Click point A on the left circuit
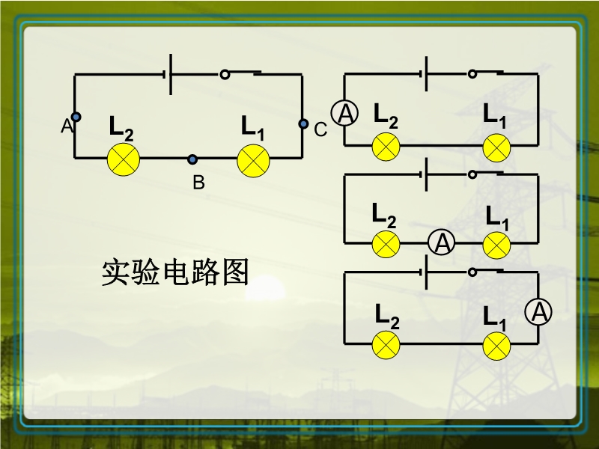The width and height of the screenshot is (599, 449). tap(76, 117)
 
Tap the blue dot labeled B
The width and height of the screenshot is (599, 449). tap(192, 159)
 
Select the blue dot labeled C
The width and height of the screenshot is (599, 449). tap(303, 123)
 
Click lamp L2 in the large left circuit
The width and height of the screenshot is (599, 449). tap(124, 160)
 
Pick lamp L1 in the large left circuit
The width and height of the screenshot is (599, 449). tap(253, 160)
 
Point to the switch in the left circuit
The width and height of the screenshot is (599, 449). tap(241, 74)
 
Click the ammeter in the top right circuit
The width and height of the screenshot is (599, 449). tap(345, 113)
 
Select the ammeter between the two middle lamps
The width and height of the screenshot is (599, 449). tap(442, 242)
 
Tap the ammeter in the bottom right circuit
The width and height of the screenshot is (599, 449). tap(538, 312)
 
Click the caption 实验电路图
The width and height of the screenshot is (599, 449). tap(174, 273)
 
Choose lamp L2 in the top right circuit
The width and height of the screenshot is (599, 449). tap(386, 147)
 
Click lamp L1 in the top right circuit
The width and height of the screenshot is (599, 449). tap(496, 147)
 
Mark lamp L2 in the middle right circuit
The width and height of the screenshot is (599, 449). tap(386, 244)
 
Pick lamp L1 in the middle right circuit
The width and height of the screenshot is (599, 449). tap(496, 244)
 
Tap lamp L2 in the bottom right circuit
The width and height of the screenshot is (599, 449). tap(386, 345)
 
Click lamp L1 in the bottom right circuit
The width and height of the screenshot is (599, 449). tap(496, 345)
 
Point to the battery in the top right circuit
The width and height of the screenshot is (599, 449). tap(424, 73)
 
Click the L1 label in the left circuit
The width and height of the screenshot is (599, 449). tap(252, 127)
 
